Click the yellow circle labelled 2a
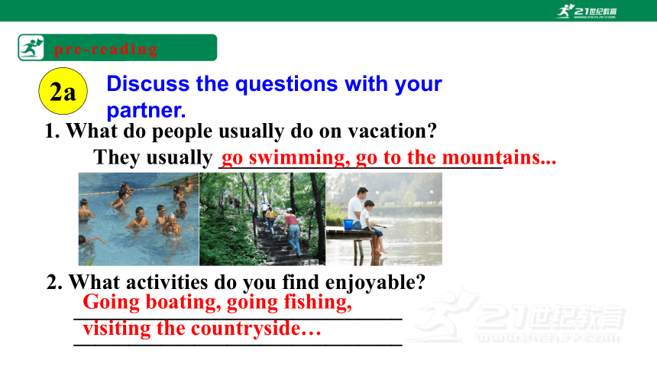[x=63, y=91]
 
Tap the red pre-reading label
[x=106, y=49]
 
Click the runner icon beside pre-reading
[x=31, y=48]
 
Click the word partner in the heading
[x=146, y=110]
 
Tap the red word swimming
[x=297, y=157]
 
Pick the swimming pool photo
[x=139, y=219]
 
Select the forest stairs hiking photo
[x=262, y=219]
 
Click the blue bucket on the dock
[x=348, y=225]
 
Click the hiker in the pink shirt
[x=293, y=232]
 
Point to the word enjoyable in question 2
[x=375, y=282]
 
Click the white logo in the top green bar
[x=587, y=11]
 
